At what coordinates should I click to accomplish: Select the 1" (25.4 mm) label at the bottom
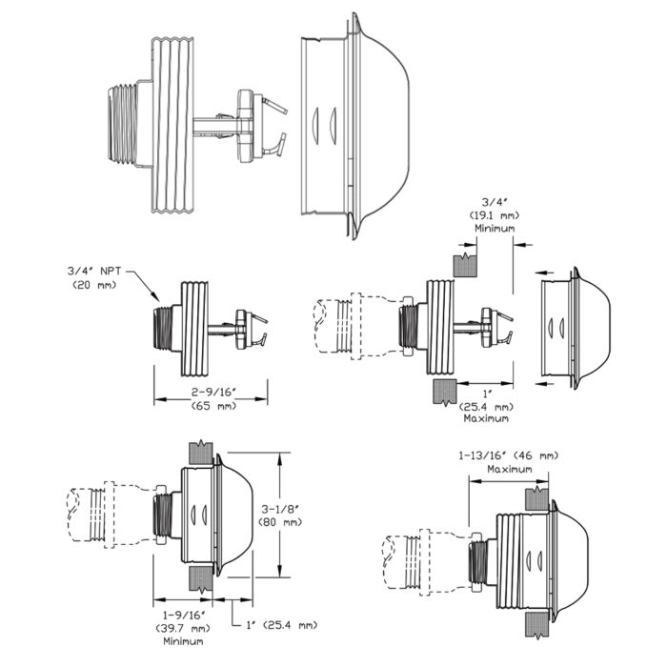pyautogui.click(x=282, y=625)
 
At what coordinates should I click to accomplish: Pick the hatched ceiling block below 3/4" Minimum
pyautogui.click(x=465, y=264)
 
